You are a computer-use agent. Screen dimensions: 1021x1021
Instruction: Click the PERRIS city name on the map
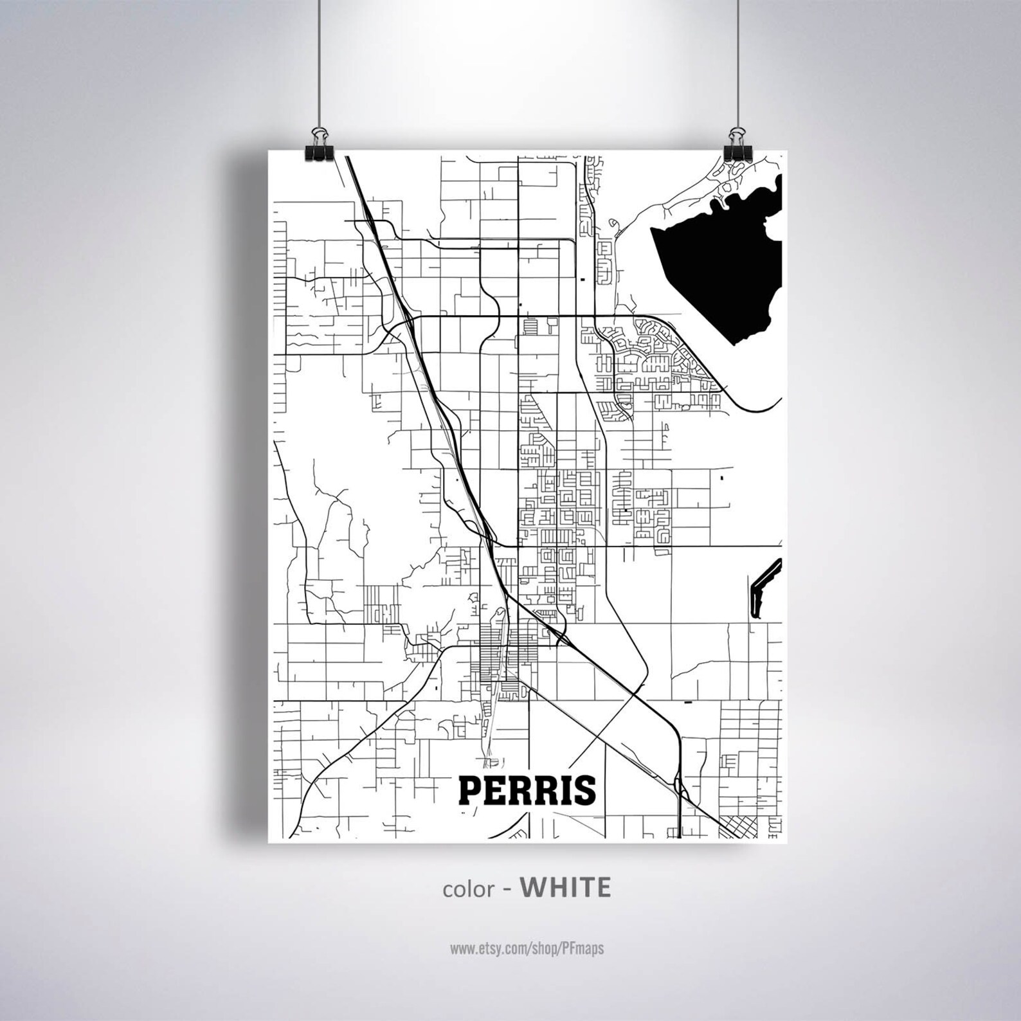[526, 791]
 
